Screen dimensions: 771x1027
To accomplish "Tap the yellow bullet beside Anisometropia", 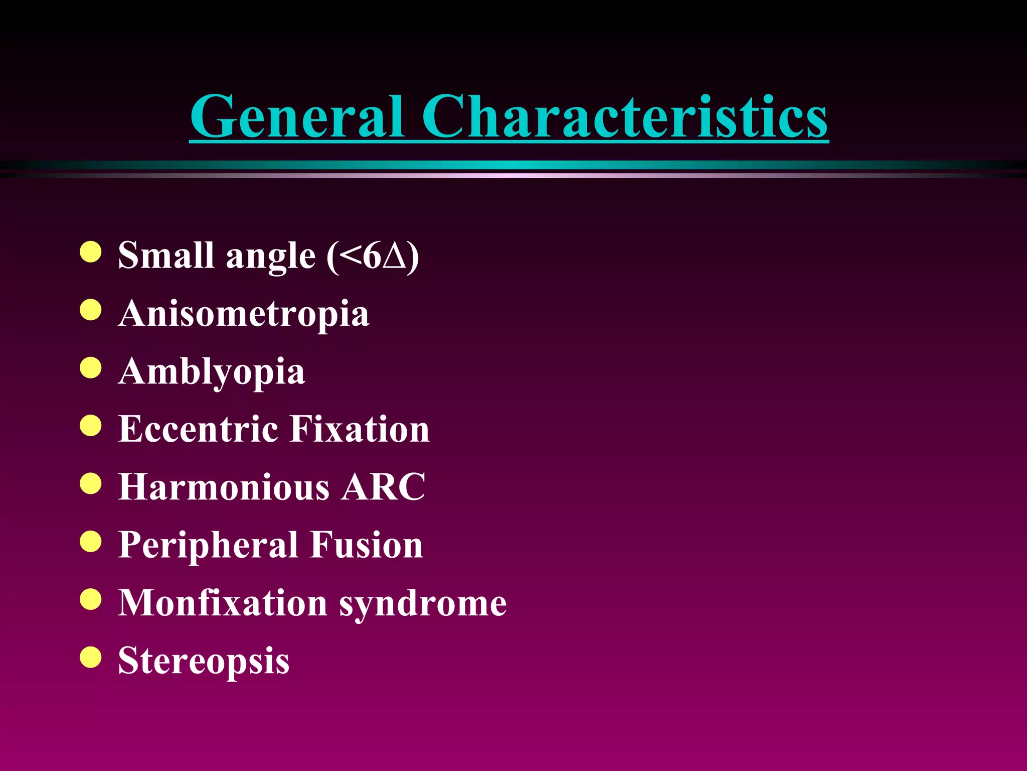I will pyautogui.click(x=91, y=310).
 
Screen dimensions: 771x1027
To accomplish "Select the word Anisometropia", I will pyautogui.click(x=244, y=314).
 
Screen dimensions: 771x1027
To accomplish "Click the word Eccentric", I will pyautogui.click(x=198, y=429).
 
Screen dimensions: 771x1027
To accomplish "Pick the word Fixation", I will pyautogui.click(x=360, y=429).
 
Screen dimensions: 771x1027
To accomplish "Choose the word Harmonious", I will pyautogui.click(x=224, y=487).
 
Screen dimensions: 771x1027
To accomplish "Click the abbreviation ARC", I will pyautogui.click(x=383, y=487).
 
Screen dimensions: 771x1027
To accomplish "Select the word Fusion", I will pyautogui.click(x=366, y=545).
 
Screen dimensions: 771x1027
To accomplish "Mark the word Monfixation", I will pyautogui.click(x=223, y=602).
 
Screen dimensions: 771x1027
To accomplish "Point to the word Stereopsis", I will pyautogui.click(x=204, y=661).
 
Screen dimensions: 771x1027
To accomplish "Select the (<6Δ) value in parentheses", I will pyautogui.click(x=373, y=256).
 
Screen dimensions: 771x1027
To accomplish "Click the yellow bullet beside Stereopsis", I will pyautogui.click(x=91, y=657).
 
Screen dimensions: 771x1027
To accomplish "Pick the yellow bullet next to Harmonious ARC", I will pyautogui.click(x=91, y=483).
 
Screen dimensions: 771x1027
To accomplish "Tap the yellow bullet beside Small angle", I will pyautogui.click(x=91, y=252).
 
